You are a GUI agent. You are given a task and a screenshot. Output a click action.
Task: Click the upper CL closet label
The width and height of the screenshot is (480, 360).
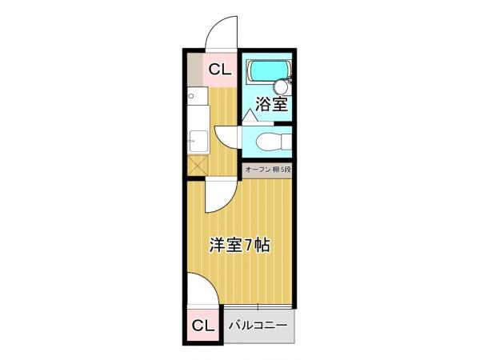pos(219,70)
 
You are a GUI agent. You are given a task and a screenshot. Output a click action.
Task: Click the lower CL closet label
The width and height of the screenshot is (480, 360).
pos(203,326)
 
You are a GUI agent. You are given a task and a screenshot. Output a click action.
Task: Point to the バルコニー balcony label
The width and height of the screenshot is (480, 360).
pos(258,326)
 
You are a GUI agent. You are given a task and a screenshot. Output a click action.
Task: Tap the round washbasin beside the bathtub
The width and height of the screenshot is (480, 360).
pos(280,87)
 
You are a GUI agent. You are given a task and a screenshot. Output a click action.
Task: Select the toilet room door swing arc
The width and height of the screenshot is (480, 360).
pos(229,135)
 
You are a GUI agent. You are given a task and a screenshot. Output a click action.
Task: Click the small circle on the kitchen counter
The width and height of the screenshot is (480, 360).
pos(193,98)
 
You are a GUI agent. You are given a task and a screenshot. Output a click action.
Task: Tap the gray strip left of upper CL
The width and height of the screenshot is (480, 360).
pos(194,70)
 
